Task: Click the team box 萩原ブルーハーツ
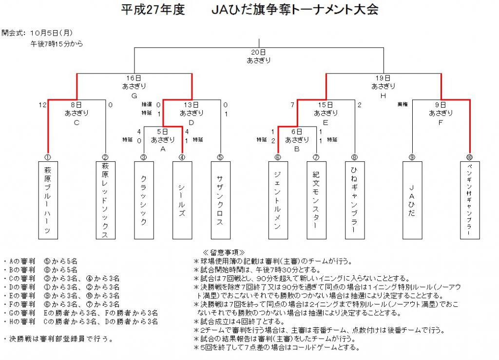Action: (48, 200)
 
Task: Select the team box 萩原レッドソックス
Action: (106, 200)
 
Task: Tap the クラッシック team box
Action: (144, 200)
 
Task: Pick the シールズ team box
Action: (182, 200)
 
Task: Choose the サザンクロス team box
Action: (221, 200)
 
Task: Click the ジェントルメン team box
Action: (278, 200)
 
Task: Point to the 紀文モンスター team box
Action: (316, 200)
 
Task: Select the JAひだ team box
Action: (412, 200)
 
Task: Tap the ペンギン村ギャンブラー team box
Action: (470, 200)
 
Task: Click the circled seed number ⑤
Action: (220, 157)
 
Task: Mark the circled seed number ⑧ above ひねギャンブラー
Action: (355, 157)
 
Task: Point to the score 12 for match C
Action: (42, 105)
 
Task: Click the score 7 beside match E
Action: (292, 105)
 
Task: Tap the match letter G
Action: (134, 96)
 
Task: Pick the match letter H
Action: (383, 96)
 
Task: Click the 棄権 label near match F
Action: (403, 104)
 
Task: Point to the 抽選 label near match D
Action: (147, 104)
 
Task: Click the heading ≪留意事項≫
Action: (223, 252)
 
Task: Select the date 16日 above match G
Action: (134, 78)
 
